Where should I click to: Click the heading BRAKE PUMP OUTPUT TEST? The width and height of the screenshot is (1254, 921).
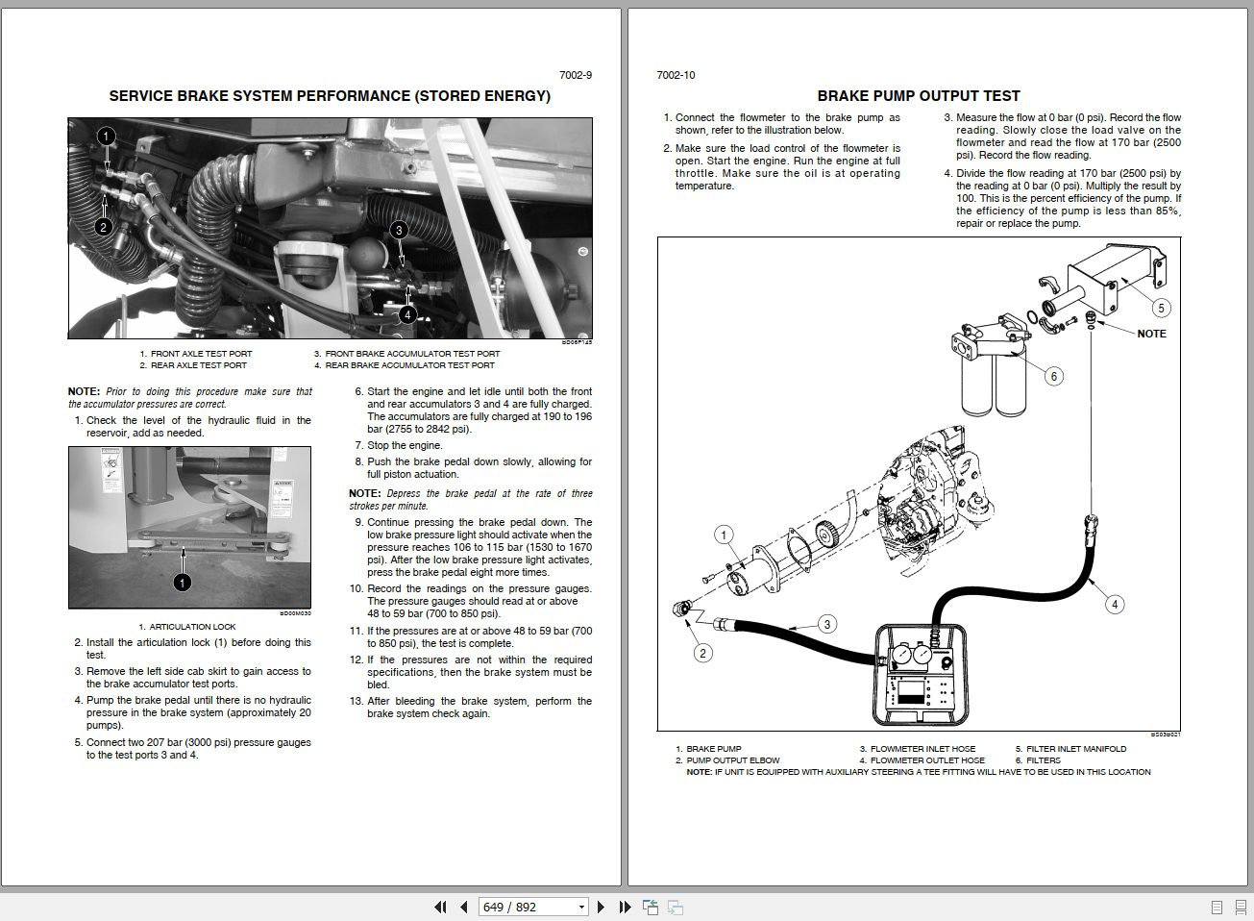click(x=918, y=96)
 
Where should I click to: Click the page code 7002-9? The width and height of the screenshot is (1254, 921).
click(x=576, y=75)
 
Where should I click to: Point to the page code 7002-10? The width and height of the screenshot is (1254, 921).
click(x=676, y=75)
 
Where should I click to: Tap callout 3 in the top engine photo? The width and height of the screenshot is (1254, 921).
click(x=399, y=230)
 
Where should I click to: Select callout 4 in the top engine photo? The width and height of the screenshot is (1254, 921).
click(x=407, y=314)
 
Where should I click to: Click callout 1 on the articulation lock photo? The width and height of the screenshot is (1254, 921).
click(x=182, y=583)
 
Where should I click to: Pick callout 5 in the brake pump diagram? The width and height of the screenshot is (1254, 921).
click(x=1161, y=308)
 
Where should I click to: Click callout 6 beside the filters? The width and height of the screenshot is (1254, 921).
click(x=1054, y=376)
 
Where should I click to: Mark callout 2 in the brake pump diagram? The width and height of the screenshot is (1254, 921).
click(x=703, y=653)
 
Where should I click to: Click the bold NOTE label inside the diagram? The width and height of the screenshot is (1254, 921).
click(x=1151, y=334)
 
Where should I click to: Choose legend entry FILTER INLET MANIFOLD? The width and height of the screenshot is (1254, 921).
click(x=1076, y=749)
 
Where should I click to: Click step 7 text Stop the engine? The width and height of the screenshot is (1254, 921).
click(x=405, y=446)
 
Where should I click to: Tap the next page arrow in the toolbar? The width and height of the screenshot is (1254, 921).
click(x=602, y=907)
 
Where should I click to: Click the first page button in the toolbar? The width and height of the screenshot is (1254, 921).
click(x=441, y=907)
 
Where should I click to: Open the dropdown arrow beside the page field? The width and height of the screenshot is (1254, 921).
click(x=581, y=907)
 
